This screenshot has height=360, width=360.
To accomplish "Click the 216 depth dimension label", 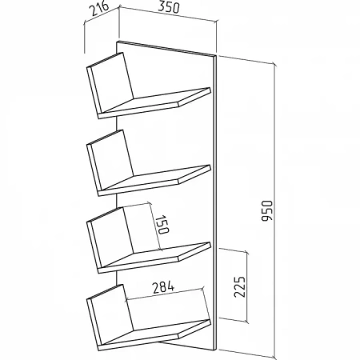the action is [x=99, y=9].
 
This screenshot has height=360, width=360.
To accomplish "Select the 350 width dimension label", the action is [x=169, y=7].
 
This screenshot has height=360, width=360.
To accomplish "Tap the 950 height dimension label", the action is [x=267, y=210].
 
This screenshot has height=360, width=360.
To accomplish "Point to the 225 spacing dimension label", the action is [x=239, y=287].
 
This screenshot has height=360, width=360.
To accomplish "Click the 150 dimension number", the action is [x=162, y=224].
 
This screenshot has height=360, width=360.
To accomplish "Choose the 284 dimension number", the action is [x=163, y=287].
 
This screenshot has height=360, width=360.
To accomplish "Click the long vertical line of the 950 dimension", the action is [x=274, y=210].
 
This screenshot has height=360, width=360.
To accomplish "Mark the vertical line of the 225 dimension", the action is [x=247, y=287].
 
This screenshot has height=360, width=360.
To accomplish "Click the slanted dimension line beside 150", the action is [x=156, y=227].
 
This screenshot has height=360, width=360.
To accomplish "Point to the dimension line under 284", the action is [x=166, y=294].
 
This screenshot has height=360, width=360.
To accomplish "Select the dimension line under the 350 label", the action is [x=168, y=15].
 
